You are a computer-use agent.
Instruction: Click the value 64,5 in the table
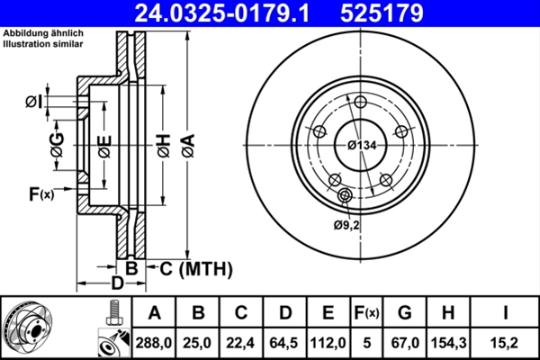click(x=285, y=341)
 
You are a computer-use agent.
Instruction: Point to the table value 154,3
click(x=450, y=341)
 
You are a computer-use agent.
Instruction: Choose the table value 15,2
click(x=506, y=341)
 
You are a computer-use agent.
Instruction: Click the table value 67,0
click(x=405, y=341)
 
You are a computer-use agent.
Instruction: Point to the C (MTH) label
click(x=194, y=268)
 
